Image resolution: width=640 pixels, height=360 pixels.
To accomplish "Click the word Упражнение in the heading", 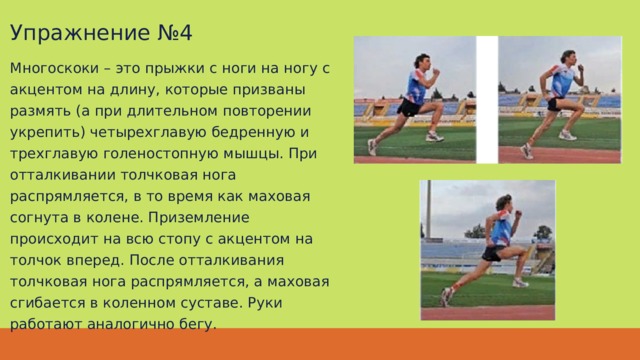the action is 80,33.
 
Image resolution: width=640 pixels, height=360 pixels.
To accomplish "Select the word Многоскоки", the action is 54,68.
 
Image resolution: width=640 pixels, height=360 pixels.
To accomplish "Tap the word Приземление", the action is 198,218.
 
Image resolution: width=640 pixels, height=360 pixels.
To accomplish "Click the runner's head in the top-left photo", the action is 422,61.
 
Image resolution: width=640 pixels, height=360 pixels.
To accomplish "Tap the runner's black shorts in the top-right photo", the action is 555,104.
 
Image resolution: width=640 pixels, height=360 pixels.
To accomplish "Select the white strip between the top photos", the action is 487,100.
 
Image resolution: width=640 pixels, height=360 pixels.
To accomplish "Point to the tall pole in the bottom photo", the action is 429,209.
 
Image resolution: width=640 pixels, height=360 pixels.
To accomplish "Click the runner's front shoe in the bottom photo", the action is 520,282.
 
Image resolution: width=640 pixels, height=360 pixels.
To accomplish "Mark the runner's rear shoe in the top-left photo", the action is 372,147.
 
